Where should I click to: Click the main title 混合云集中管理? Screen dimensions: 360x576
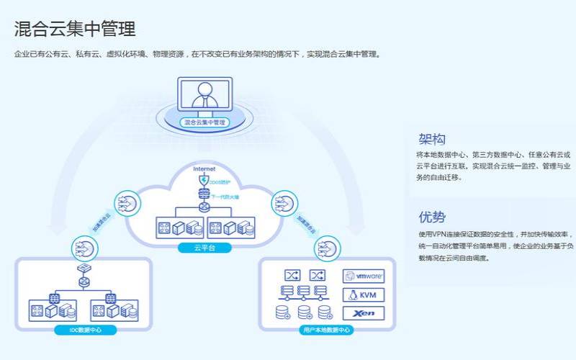point(75,29)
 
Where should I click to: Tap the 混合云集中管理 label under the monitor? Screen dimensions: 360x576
point(204,122)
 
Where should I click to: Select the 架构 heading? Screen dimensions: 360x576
point(432,139)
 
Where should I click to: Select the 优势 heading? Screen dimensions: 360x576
point(432,217)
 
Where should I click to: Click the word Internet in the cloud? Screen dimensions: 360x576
point(204,168)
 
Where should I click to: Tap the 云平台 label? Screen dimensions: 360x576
point(204,248)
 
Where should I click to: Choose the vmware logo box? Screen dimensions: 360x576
point(364,276)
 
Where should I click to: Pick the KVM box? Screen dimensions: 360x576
point(364,294)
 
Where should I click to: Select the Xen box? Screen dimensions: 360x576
point(364,313)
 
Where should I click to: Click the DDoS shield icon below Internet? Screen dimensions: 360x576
point(204,180)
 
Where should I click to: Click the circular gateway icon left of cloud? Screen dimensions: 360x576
point(127,204)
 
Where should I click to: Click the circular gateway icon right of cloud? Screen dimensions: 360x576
point(284,204)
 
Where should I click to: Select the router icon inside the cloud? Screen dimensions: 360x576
point(204,207)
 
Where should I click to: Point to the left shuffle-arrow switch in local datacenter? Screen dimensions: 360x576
point(292,275)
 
